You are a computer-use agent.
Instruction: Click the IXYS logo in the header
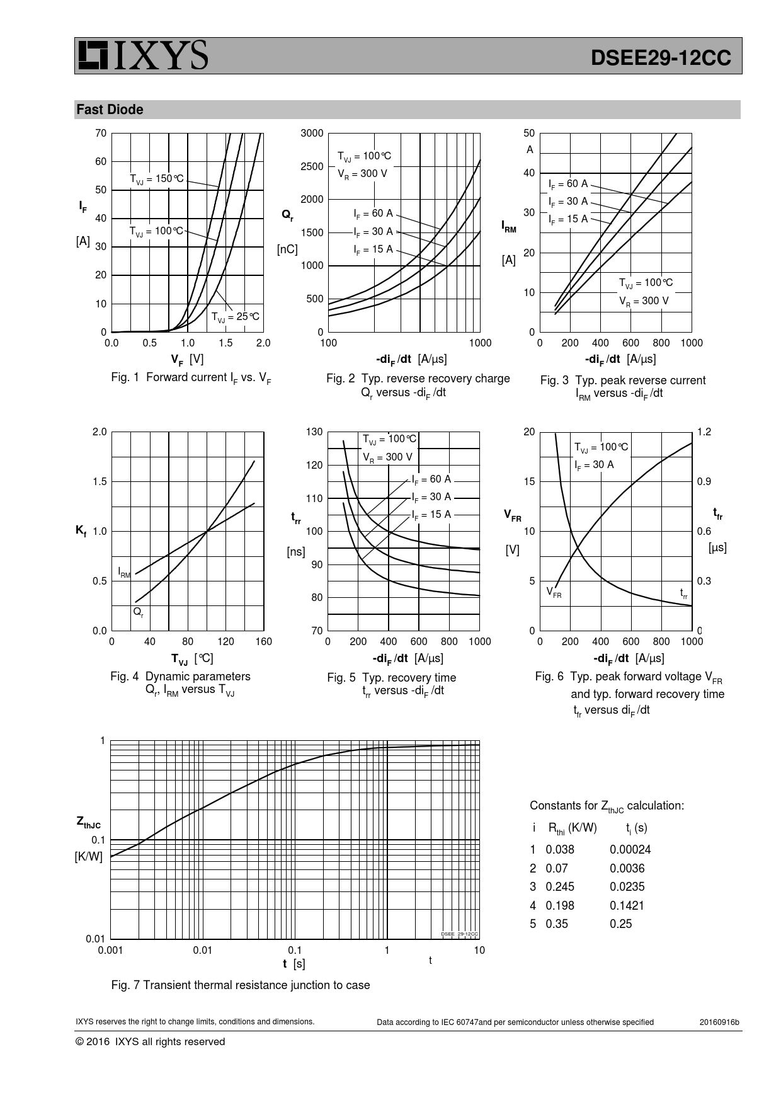pyautogui.click(x=142, y=55)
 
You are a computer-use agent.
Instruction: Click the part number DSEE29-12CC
pyautogui.click(x=661, y=58)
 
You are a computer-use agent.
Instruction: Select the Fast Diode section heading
pyautogui.click(x=110, y=110)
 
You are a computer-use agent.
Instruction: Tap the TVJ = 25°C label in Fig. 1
pyautogui.click(x=235, y=316)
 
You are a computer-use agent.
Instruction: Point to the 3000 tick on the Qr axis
pyautogui.click(x=312, y=133)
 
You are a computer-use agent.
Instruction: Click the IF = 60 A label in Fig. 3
pyautogui.click(x=567, y=184)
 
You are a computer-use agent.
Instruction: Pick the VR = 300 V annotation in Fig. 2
pyautogui.click(x=362, y=173)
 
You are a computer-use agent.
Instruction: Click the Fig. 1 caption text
pyautogui.click(x=191, y=377)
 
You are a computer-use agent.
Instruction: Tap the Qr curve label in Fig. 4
pyautogui.click(x=138, y=611)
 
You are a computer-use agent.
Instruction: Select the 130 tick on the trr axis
pyautogui.click(x=314, y=432)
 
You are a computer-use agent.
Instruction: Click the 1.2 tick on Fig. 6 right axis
pyautogui.click(x=704, y=432)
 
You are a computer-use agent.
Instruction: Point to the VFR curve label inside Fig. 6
pyautogui.click(x=554, y=592)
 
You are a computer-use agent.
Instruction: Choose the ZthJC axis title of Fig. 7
pyautogui.click(x=88, y=822)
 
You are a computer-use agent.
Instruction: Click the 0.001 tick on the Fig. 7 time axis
pyautogui.click(x=110, y=950)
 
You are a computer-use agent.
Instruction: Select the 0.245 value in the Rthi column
pyautogui.click(x=560, y=886)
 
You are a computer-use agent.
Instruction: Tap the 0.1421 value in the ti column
pyautogui.click(x=627, y=905)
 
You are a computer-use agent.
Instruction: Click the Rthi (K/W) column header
pyautogui.click(x=573, y=828)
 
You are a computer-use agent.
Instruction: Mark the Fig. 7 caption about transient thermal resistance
pyautogui.click(x=240, y=985)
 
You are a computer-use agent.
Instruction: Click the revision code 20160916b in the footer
pyautogui.click(x=719, y=1022)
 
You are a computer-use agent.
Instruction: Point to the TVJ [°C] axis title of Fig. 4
pyautogui.click(x=192, y=658)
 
